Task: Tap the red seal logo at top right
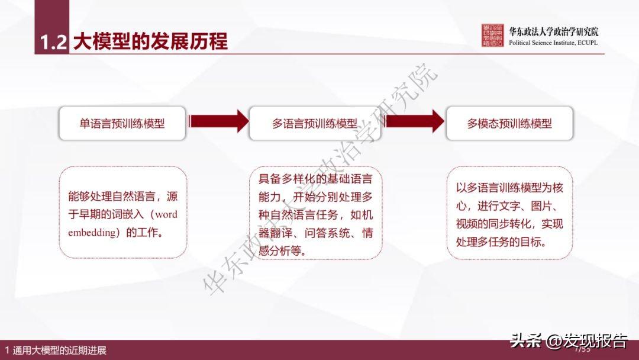(493, 36)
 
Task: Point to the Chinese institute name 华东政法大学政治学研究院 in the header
(553, 32)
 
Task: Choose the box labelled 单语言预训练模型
(122, 123)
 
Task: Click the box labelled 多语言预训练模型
(315, 123)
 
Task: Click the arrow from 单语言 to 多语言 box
(218, 121)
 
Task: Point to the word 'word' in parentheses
(166, 214)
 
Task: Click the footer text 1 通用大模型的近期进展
(56, 351)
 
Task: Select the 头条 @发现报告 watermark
(569, 341)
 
